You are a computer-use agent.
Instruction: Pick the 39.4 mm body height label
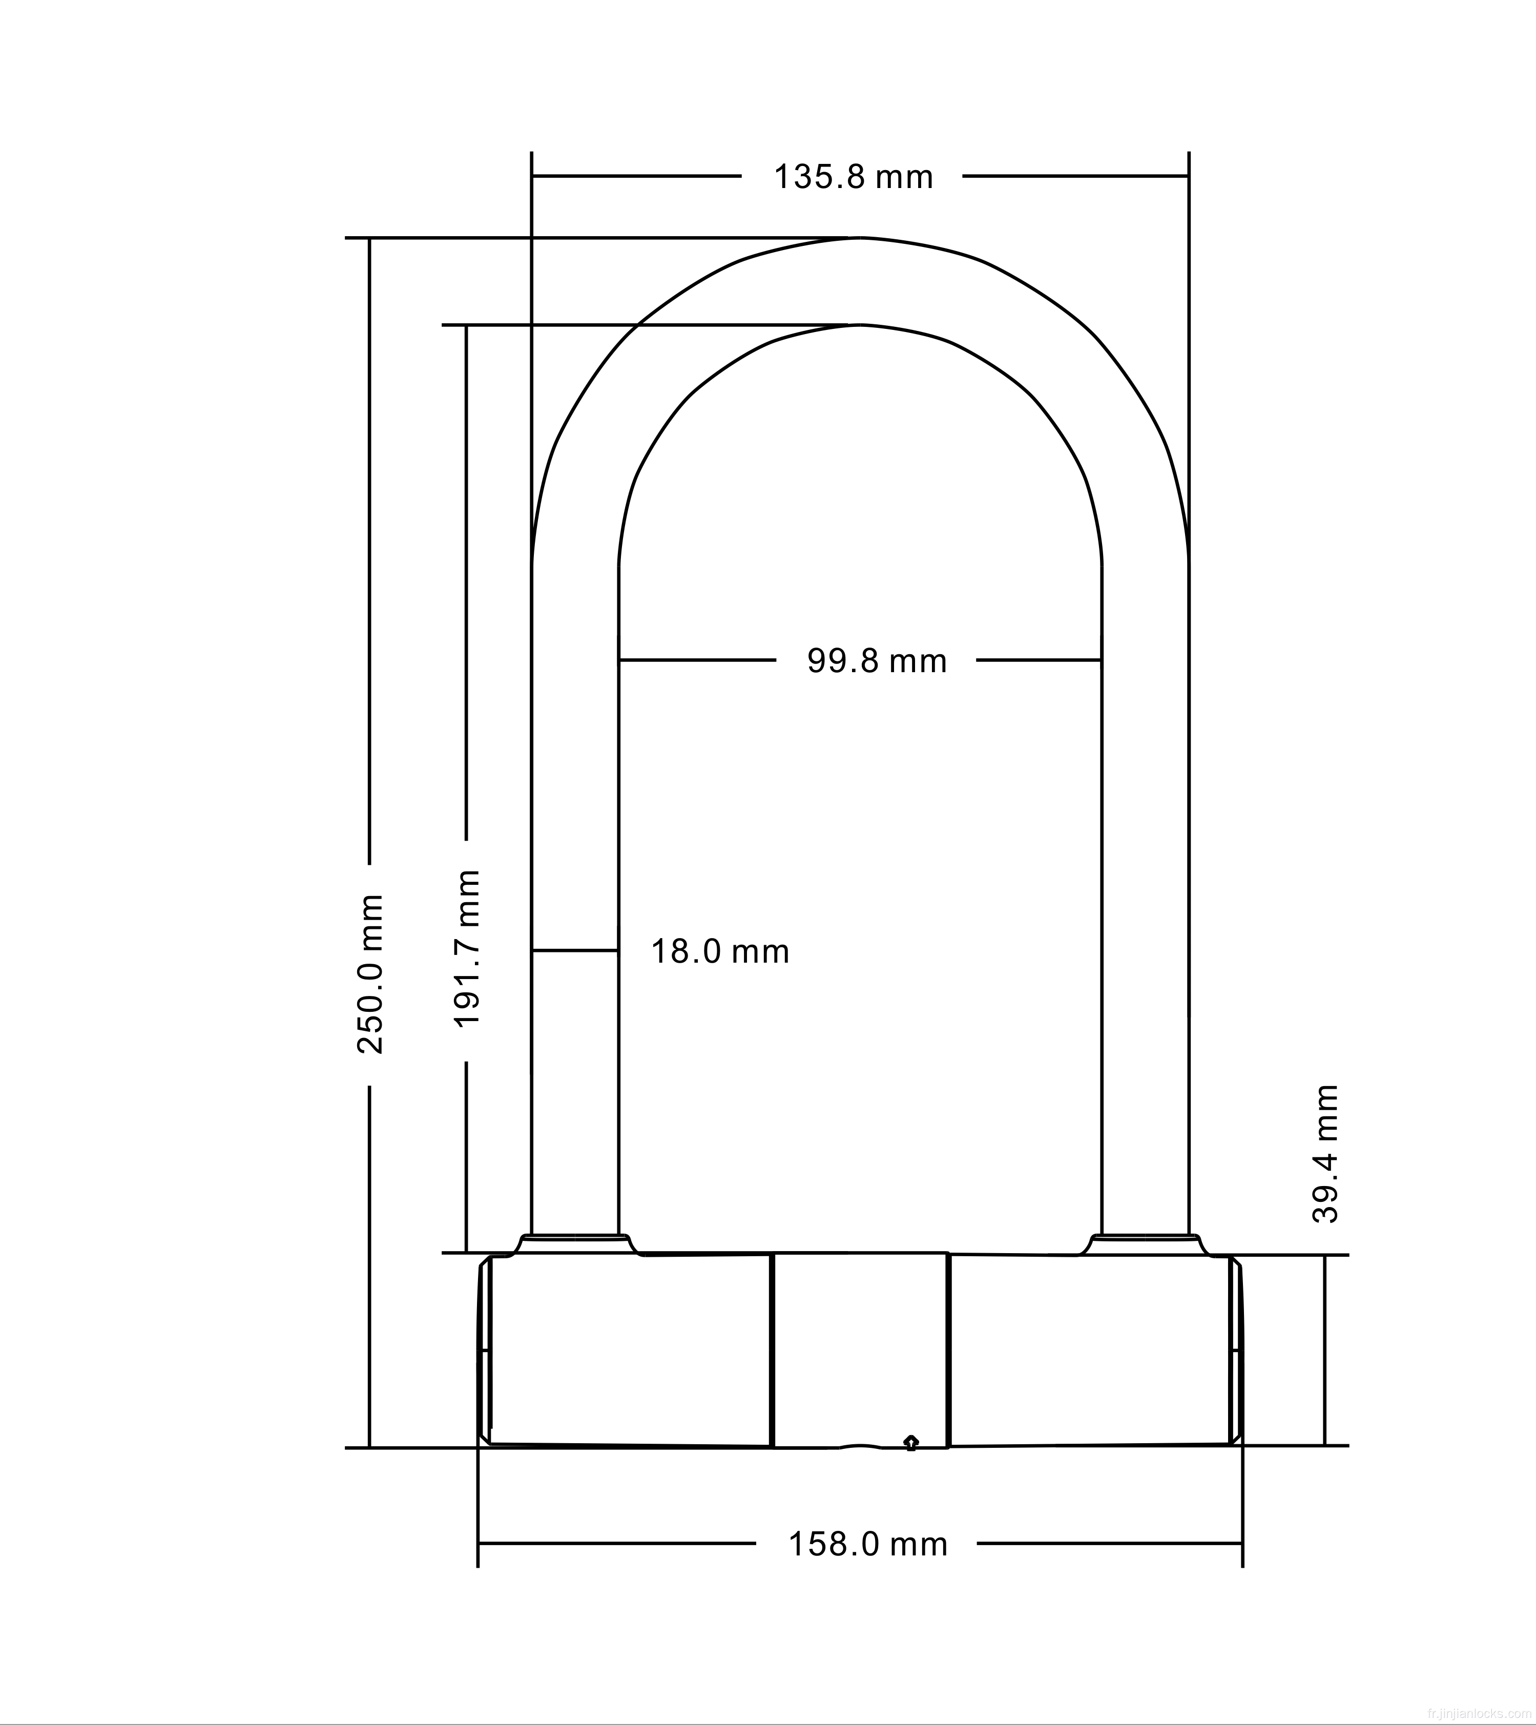(1326, 1154)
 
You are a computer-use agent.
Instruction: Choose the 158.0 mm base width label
(867, 1544)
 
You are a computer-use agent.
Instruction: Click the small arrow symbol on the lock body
(910, 1442)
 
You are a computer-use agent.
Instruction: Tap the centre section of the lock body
(860, 1350)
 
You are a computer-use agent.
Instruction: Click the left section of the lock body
(630, 1350)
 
